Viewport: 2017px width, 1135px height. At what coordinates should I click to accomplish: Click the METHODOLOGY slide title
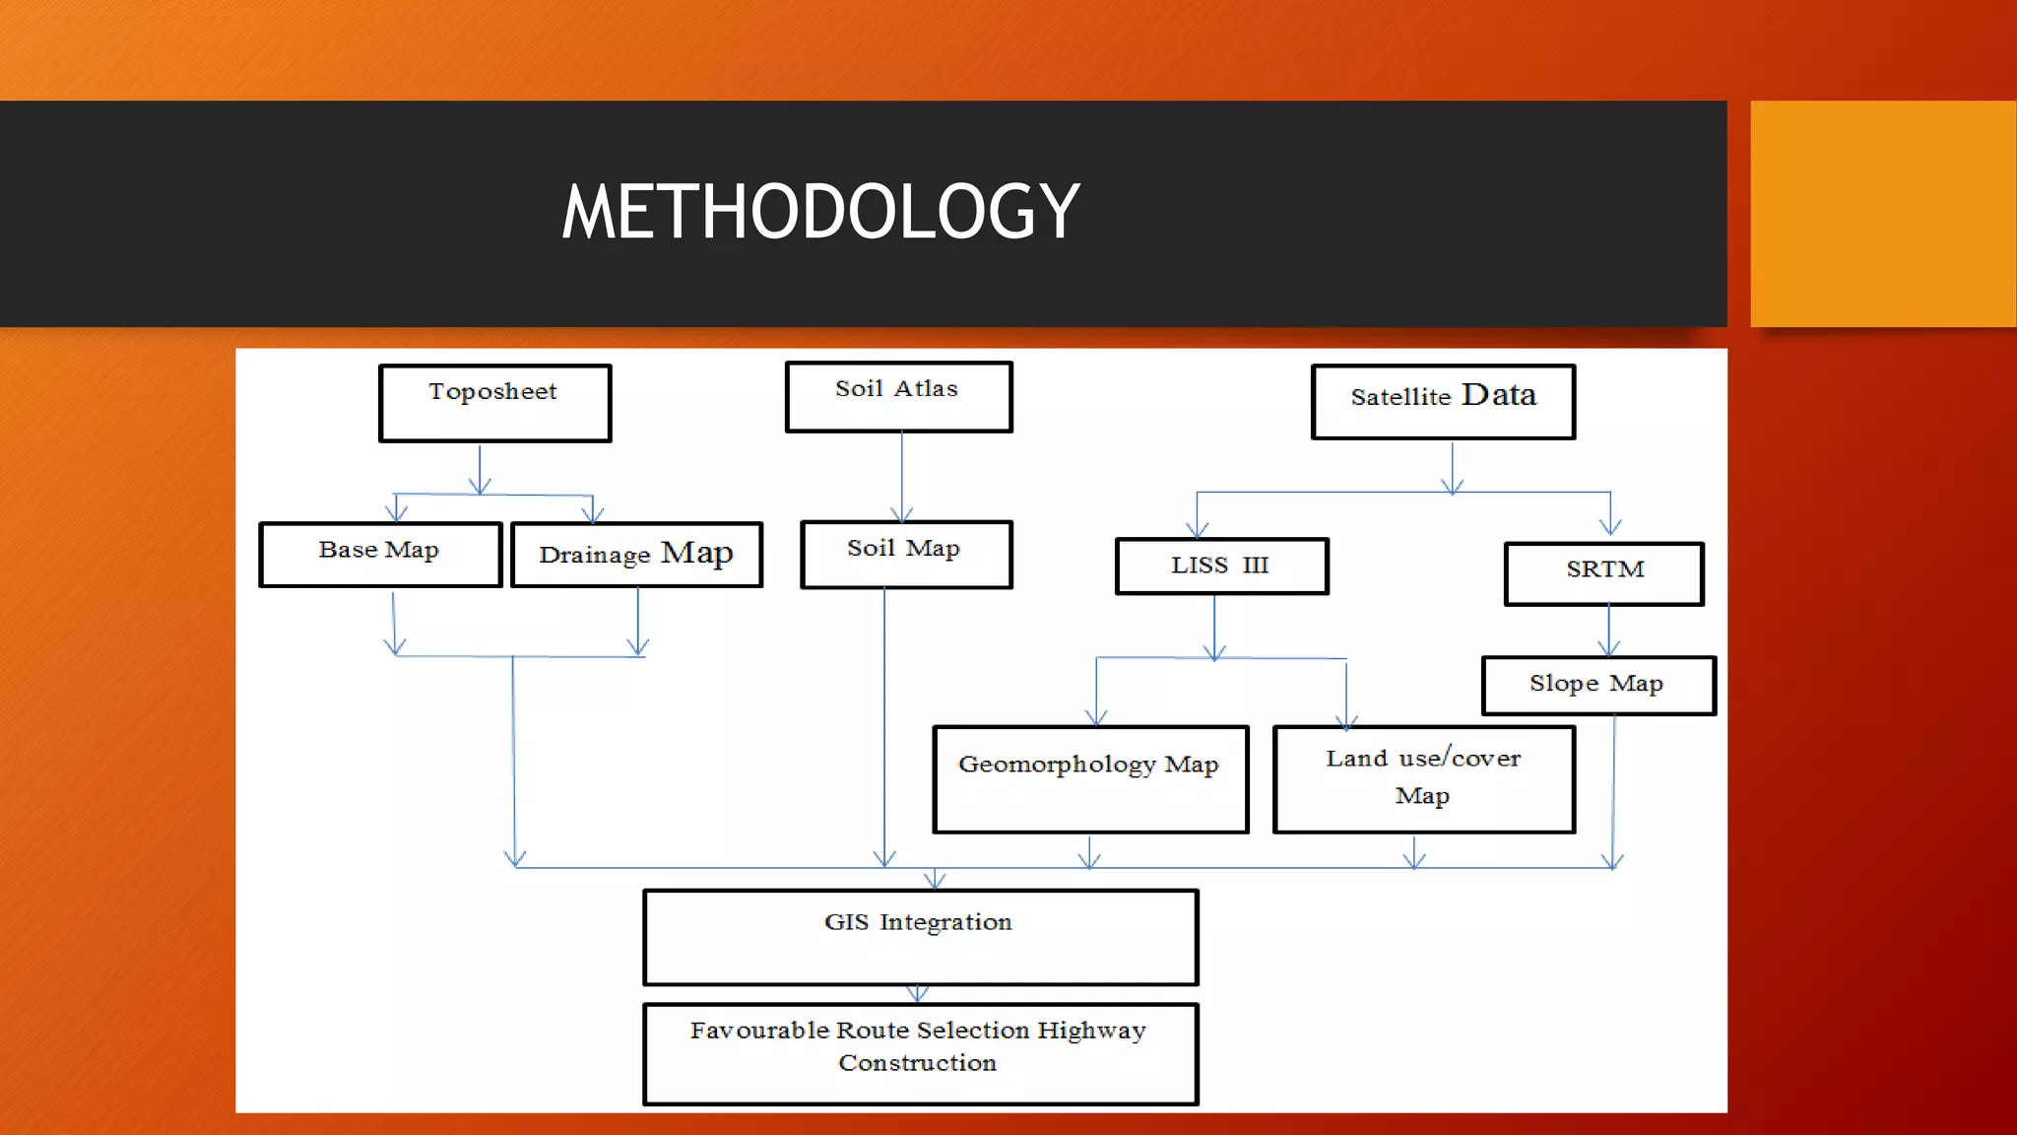pyautogui.click(x=820, y=212)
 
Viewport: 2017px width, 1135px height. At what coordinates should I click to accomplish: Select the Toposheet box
pyautogui.click(x=494, y=403)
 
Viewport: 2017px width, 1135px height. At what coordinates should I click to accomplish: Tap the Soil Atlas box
pyautogui.click(x=898, y=396)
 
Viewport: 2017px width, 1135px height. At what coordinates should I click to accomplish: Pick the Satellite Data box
pyautogui.click(x=1443, y=402)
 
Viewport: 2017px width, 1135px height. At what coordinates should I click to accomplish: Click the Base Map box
pyautogui.click(x=380, y=555)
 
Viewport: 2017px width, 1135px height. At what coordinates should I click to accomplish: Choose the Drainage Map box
pyautogui.click(x=636, y=555)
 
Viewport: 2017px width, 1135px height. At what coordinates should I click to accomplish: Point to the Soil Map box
pyautogui.click(x=906, y=555)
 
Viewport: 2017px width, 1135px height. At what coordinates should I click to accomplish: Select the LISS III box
pyautogui.click(x=1221, y=567)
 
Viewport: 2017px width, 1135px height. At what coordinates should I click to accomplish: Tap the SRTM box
pyautogui.click(x=1604, y=573)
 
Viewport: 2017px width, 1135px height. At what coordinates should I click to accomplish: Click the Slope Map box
pyautogui.click(x=1597, y=686)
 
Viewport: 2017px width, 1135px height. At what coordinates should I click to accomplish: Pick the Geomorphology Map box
pyautogui.click(x=1090, y=779)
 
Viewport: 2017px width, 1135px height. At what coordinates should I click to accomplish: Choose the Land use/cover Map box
pyautogui.click(x=1423, y=779)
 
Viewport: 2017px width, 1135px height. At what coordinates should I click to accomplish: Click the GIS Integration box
pyautogui.click(x=920, y=937)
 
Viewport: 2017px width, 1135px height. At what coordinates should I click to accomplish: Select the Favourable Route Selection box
pyautogui.click(x=920, y=1053)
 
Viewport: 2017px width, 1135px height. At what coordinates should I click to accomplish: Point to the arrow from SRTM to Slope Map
pyautogui.click(x=1609, y=631)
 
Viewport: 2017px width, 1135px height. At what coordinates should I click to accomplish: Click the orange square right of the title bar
pyautogui.click(x=1883, y=213)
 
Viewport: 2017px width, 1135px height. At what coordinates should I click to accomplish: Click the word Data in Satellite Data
pyautogui.click(x=1499, y=395)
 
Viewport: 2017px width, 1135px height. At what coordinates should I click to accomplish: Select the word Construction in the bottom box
pyautogui.click(x=917, y=1063)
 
